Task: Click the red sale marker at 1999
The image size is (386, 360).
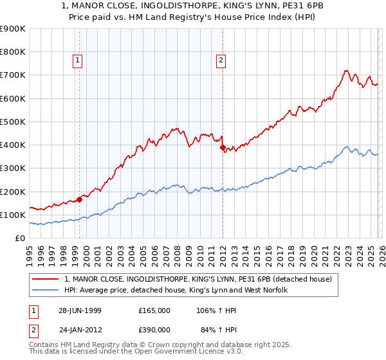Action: point(80,199)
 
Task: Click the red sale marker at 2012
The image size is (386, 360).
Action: point(223,147)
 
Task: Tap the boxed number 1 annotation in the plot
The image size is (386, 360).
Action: point(77,61)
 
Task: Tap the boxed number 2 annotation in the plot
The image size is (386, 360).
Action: point(221,61)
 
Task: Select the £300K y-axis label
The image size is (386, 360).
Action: point(13,168)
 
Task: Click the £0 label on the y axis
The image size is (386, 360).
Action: point(19,239)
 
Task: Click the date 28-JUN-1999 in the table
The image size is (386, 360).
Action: point(80,310)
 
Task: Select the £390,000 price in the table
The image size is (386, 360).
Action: point(154,330)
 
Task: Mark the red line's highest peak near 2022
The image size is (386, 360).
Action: point(346,71)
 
